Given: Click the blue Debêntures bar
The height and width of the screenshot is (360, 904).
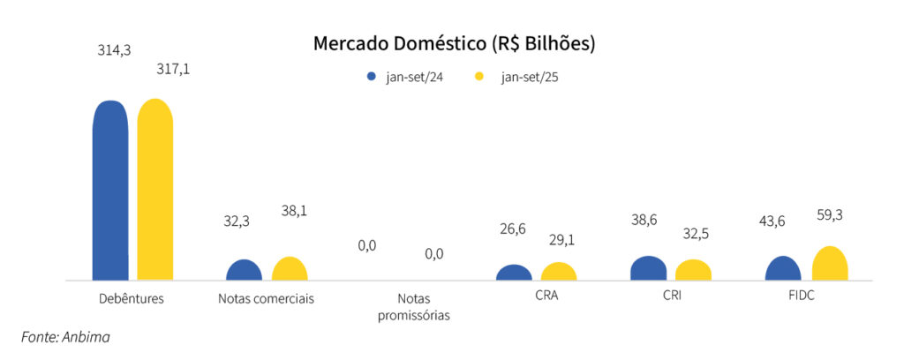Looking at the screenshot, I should [110, 190].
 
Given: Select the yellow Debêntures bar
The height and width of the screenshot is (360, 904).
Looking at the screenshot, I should [155, 190].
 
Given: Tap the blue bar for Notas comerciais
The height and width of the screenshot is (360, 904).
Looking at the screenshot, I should [245, 270].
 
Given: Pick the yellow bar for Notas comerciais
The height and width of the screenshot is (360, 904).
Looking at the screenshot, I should [290, 268].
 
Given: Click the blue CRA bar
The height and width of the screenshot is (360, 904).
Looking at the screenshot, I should [514, 273].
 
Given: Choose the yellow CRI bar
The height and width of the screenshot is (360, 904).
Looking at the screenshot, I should [693, 270].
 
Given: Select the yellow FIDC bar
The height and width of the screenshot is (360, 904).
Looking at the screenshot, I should [829, 263].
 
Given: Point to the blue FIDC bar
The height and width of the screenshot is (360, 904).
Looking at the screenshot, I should [783, 268].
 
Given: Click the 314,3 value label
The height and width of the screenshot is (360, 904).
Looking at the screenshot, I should [114, 50].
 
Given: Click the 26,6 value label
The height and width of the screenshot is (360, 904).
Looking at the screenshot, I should [513, 229].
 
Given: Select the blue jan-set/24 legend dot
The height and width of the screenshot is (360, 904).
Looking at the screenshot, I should [372, 77].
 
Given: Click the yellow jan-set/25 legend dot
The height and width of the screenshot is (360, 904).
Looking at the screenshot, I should [481, 77].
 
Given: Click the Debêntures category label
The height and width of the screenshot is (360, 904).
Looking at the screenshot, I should [132, 298].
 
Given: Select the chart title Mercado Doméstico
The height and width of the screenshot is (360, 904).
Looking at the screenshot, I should [454, 43].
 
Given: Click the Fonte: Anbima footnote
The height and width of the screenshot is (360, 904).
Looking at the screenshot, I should [65, 336].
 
